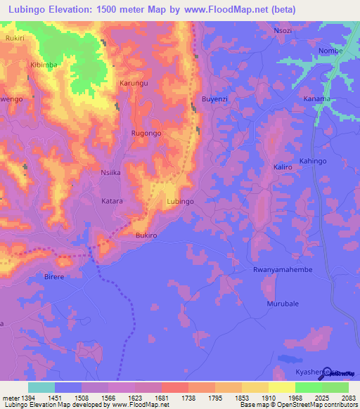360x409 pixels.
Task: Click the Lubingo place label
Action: click(x=179, y=201)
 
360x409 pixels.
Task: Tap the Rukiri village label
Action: click(x=14, y=39)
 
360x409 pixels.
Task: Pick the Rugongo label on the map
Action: click(x=146, y=133)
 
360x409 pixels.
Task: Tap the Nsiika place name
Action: click(x=112, y=171)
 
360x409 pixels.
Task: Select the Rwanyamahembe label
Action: click(x=282, y=270)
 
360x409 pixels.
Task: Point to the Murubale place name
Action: click(x=283, y=304)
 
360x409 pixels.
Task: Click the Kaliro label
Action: click(x=283, y=167)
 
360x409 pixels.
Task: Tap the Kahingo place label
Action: click(x=314, y=162)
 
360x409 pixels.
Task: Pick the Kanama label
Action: click(x=317, y=99)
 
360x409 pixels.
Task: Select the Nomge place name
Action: click(x=330, y=51)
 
